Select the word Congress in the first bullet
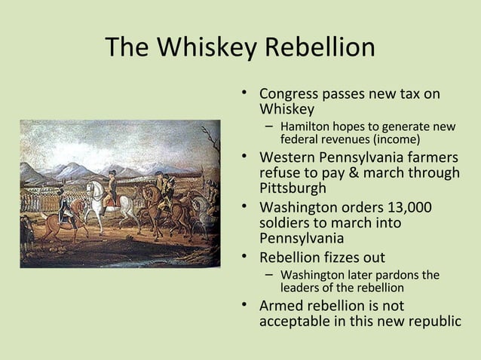[288, 96]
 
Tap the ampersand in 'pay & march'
[339, 173]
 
